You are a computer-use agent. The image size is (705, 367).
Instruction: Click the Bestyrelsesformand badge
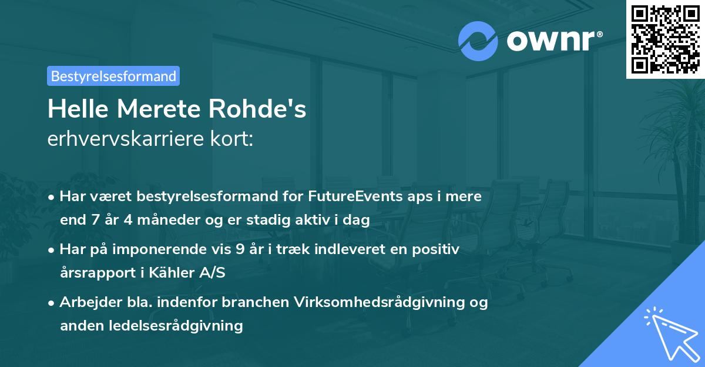tap(113, 76)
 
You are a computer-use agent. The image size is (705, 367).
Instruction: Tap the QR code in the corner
tap(665, 39)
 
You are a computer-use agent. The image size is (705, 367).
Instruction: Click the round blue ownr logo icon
tap(478, 41)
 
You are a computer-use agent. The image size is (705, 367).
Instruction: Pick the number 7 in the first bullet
tap(93, 221)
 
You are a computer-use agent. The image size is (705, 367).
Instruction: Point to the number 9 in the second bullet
tap(239, 249)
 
